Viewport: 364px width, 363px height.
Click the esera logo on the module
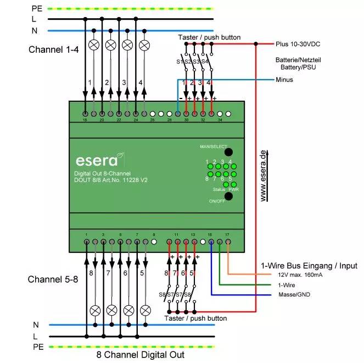pos(97,161)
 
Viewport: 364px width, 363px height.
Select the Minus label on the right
pos(284,80)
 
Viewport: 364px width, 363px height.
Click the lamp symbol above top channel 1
pos(93,45)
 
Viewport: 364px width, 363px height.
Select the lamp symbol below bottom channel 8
pos(94,310)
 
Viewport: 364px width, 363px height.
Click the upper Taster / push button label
pos(209,37)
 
